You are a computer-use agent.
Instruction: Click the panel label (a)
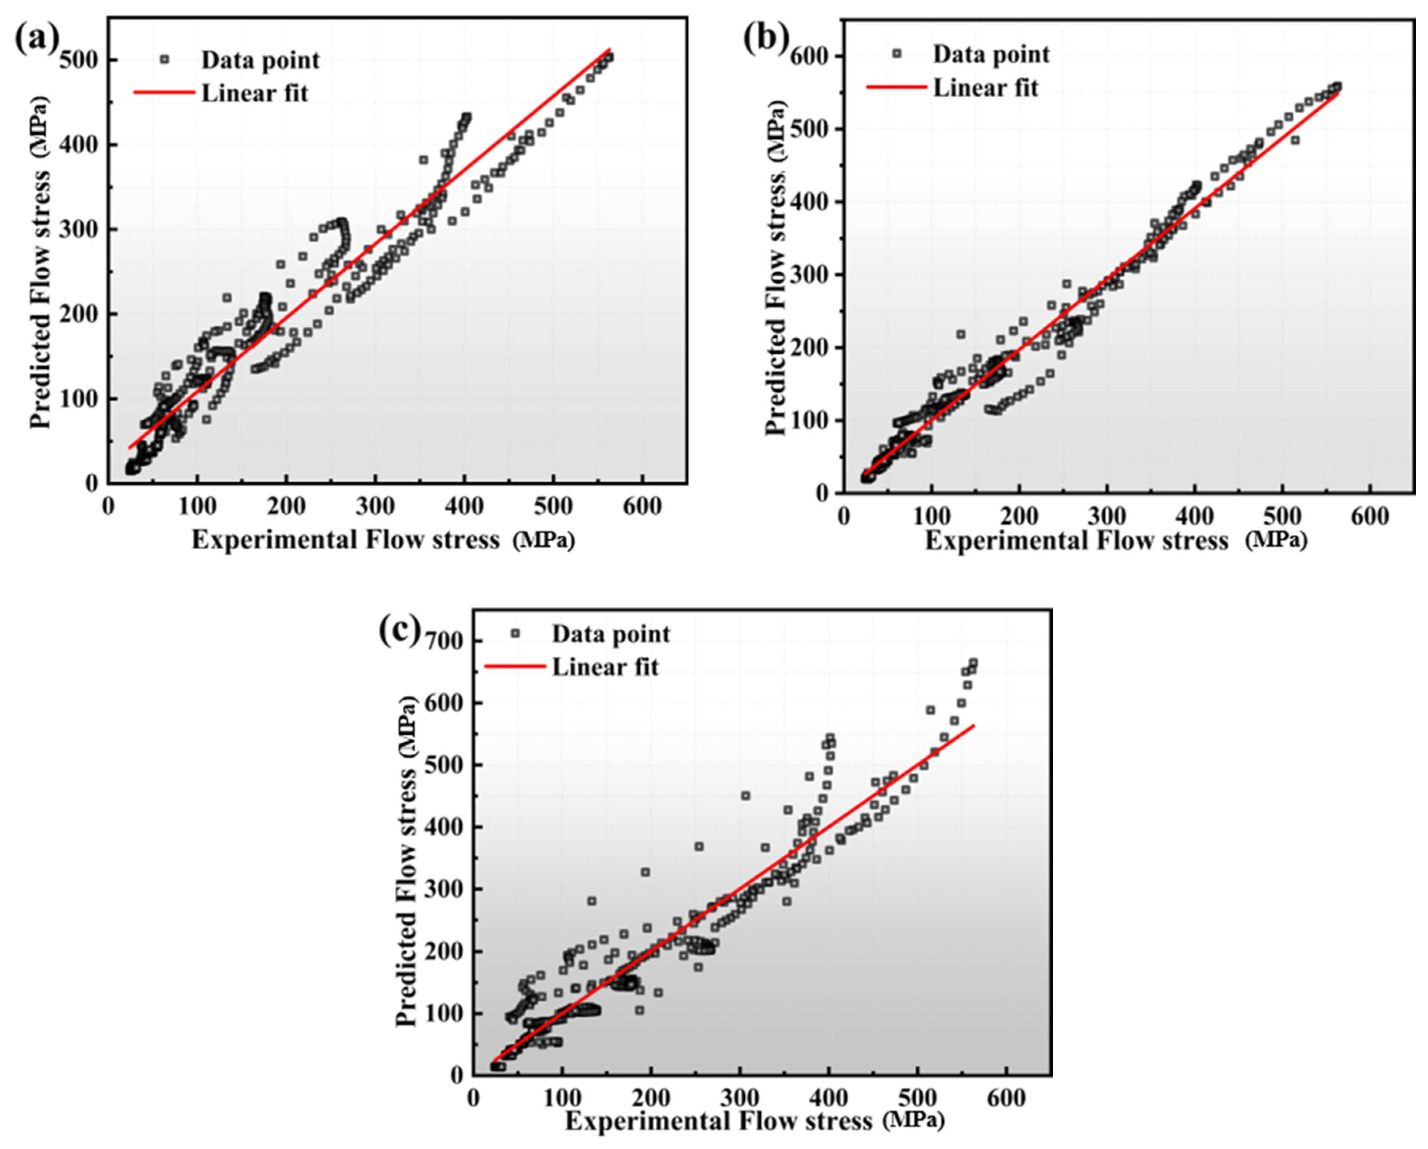click(37, 41)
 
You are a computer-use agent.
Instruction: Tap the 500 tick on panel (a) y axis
click(78, 60)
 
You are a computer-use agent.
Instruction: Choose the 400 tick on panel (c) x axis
click(828, 1098)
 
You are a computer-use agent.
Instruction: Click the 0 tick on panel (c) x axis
click(473, 1098)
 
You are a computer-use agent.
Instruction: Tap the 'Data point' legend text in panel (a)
click(260, 60)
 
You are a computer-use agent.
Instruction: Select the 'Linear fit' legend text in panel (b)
click(986, 87)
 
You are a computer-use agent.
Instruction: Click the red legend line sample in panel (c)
click(514, 665)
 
